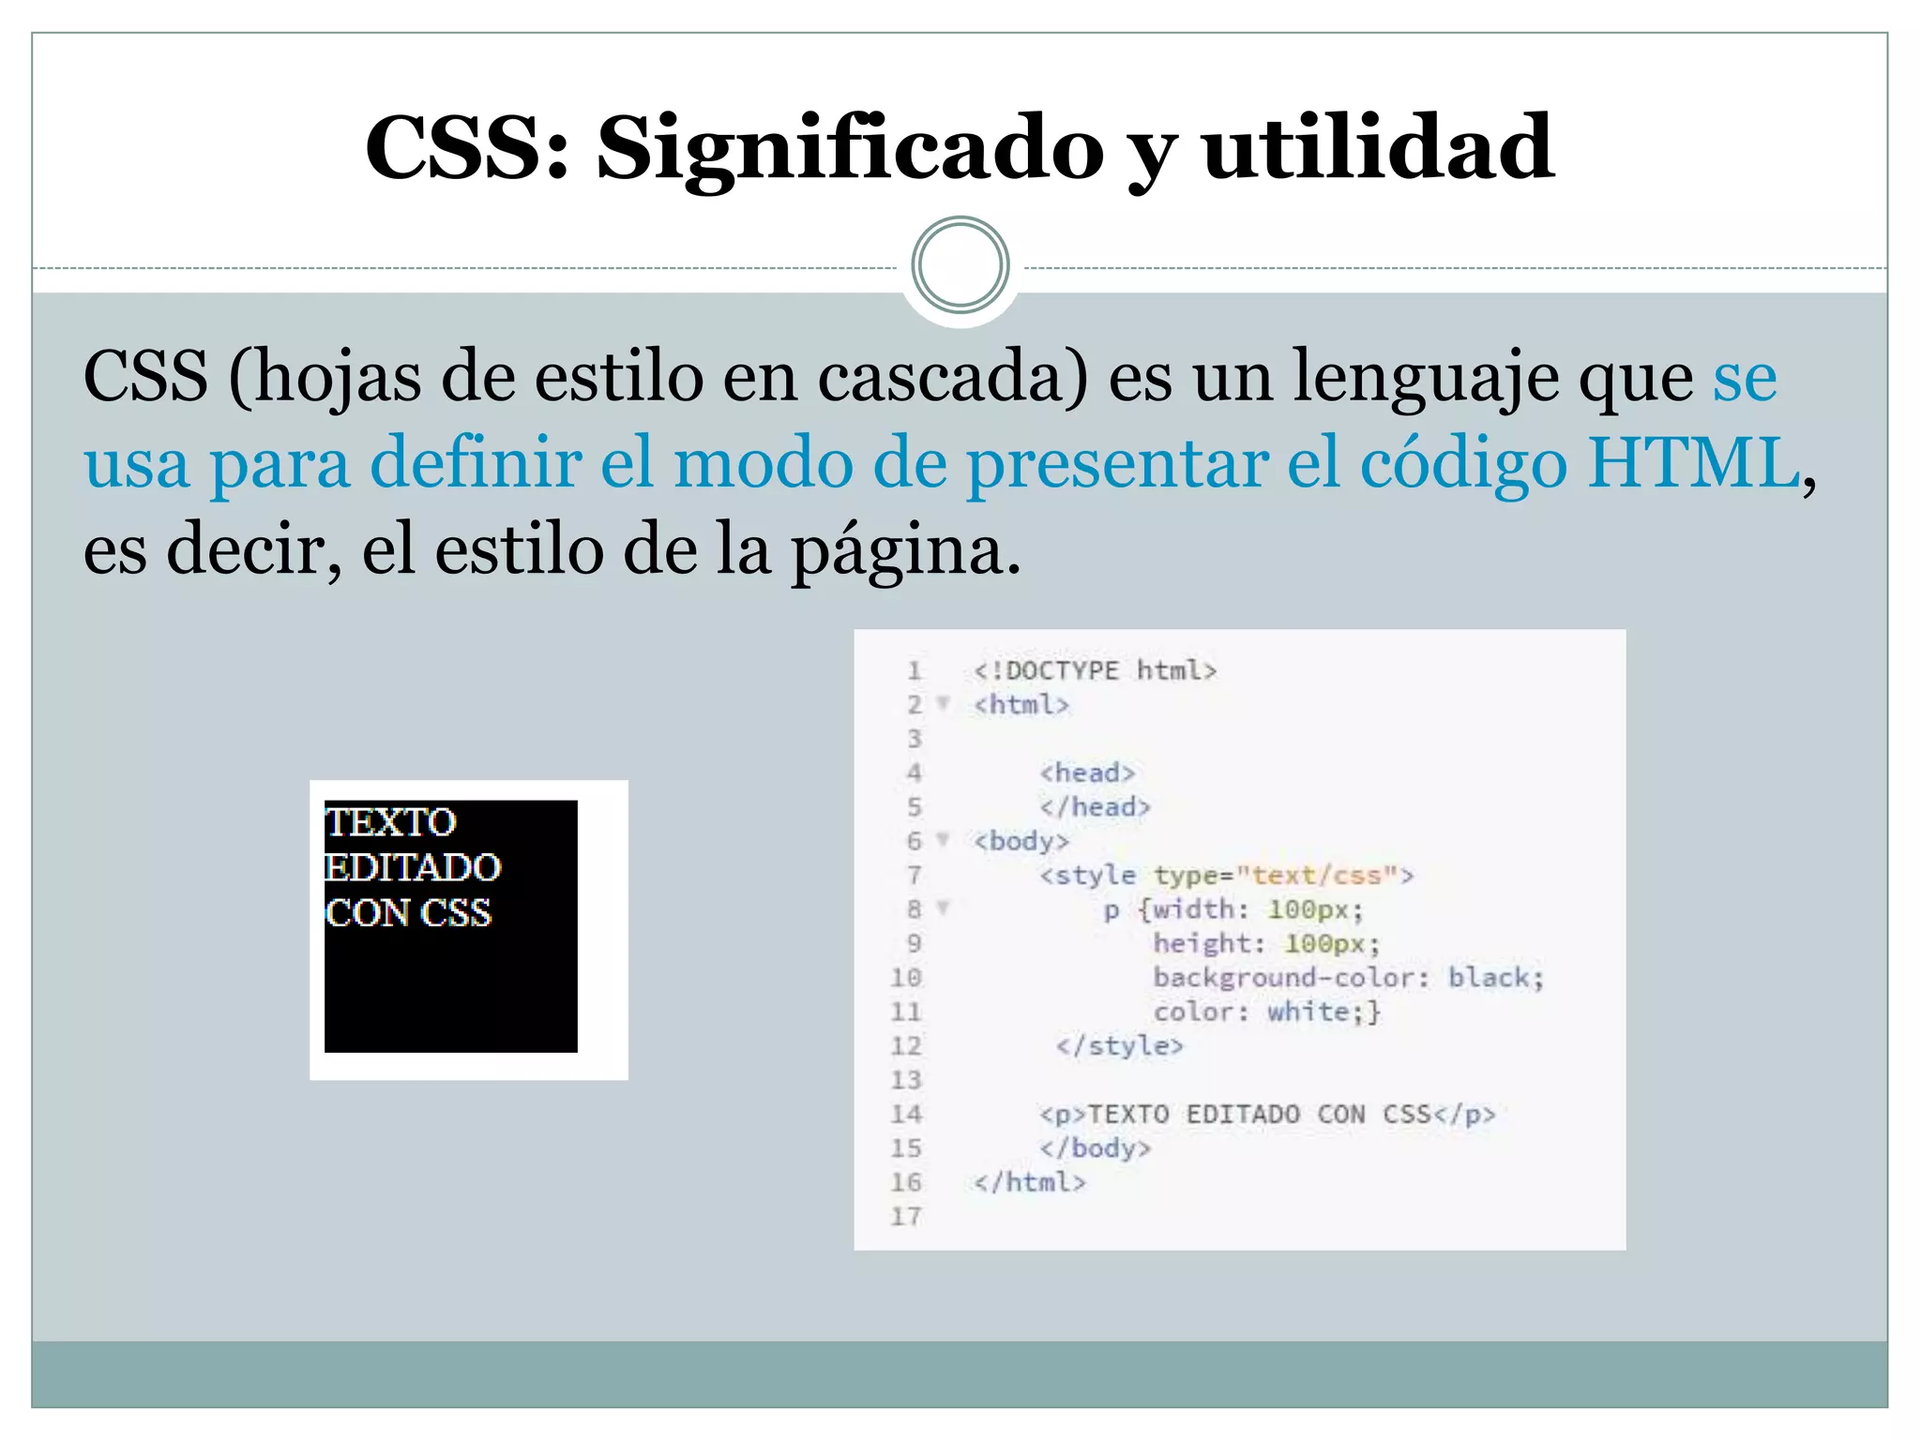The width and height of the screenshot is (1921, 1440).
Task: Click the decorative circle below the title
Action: click(x=960, y=265)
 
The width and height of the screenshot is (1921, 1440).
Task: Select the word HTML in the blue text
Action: click(x=1693, y=462)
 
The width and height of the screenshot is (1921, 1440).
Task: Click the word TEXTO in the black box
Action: click(x=391, y=822)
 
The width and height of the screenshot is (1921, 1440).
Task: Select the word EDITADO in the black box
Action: click(x=413, y=867)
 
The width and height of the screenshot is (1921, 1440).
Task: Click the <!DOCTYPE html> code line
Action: click(x=1095, y=670)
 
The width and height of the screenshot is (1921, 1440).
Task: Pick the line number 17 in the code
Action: click(x=906, y=1216)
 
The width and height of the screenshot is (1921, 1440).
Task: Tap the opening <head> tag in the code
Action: click(x=1087, y=772)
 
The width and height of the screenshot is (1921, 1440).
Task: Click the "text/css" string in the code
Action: click(x=1317, y=875)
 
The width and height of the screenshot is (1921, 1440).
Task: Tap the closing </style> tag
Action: click(x=1119, y=1045)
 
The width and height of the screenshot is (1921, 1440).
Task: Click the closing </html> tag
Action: click(x=1029, y=1182)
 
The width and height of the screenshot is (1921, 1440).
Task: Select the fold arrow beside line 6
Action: click(x=944, y=839)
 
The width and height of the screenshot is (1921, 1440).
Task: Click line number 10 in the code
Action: click(x=906, y=978)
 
